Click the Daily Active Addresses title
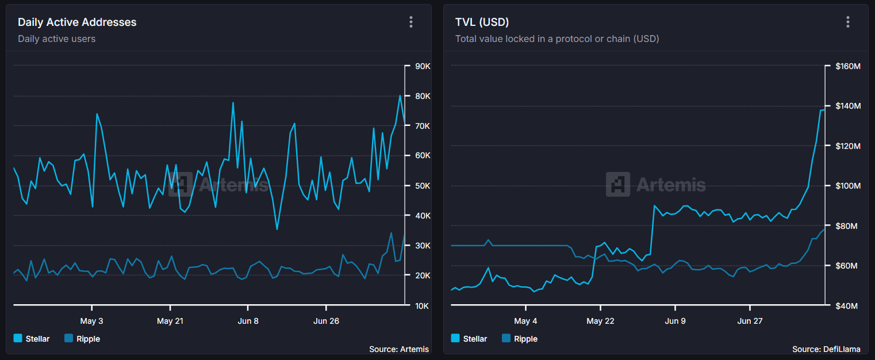click(77, 22)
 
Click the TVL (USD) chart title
click(482, 22)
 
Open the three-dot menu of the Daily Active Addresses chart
click(411, 22)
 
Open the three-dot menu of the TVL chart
click(848, 22)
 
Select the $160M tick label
click(847, 66)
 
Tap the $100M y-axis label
click(847, 186)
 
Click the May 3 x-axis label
click(92, 321)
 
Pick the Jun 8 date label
click(248, 321)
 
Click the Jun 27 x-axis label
click(750, 321)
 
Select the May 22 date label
click(601, 321)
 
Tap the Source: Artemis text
click(398, 349)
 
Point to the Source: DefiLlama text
click(826, 349)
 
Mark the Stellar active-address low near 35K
click(277, 229)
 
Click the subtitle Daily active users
click(56, 39)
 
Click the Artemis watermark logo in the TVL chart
click(618, 185)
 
